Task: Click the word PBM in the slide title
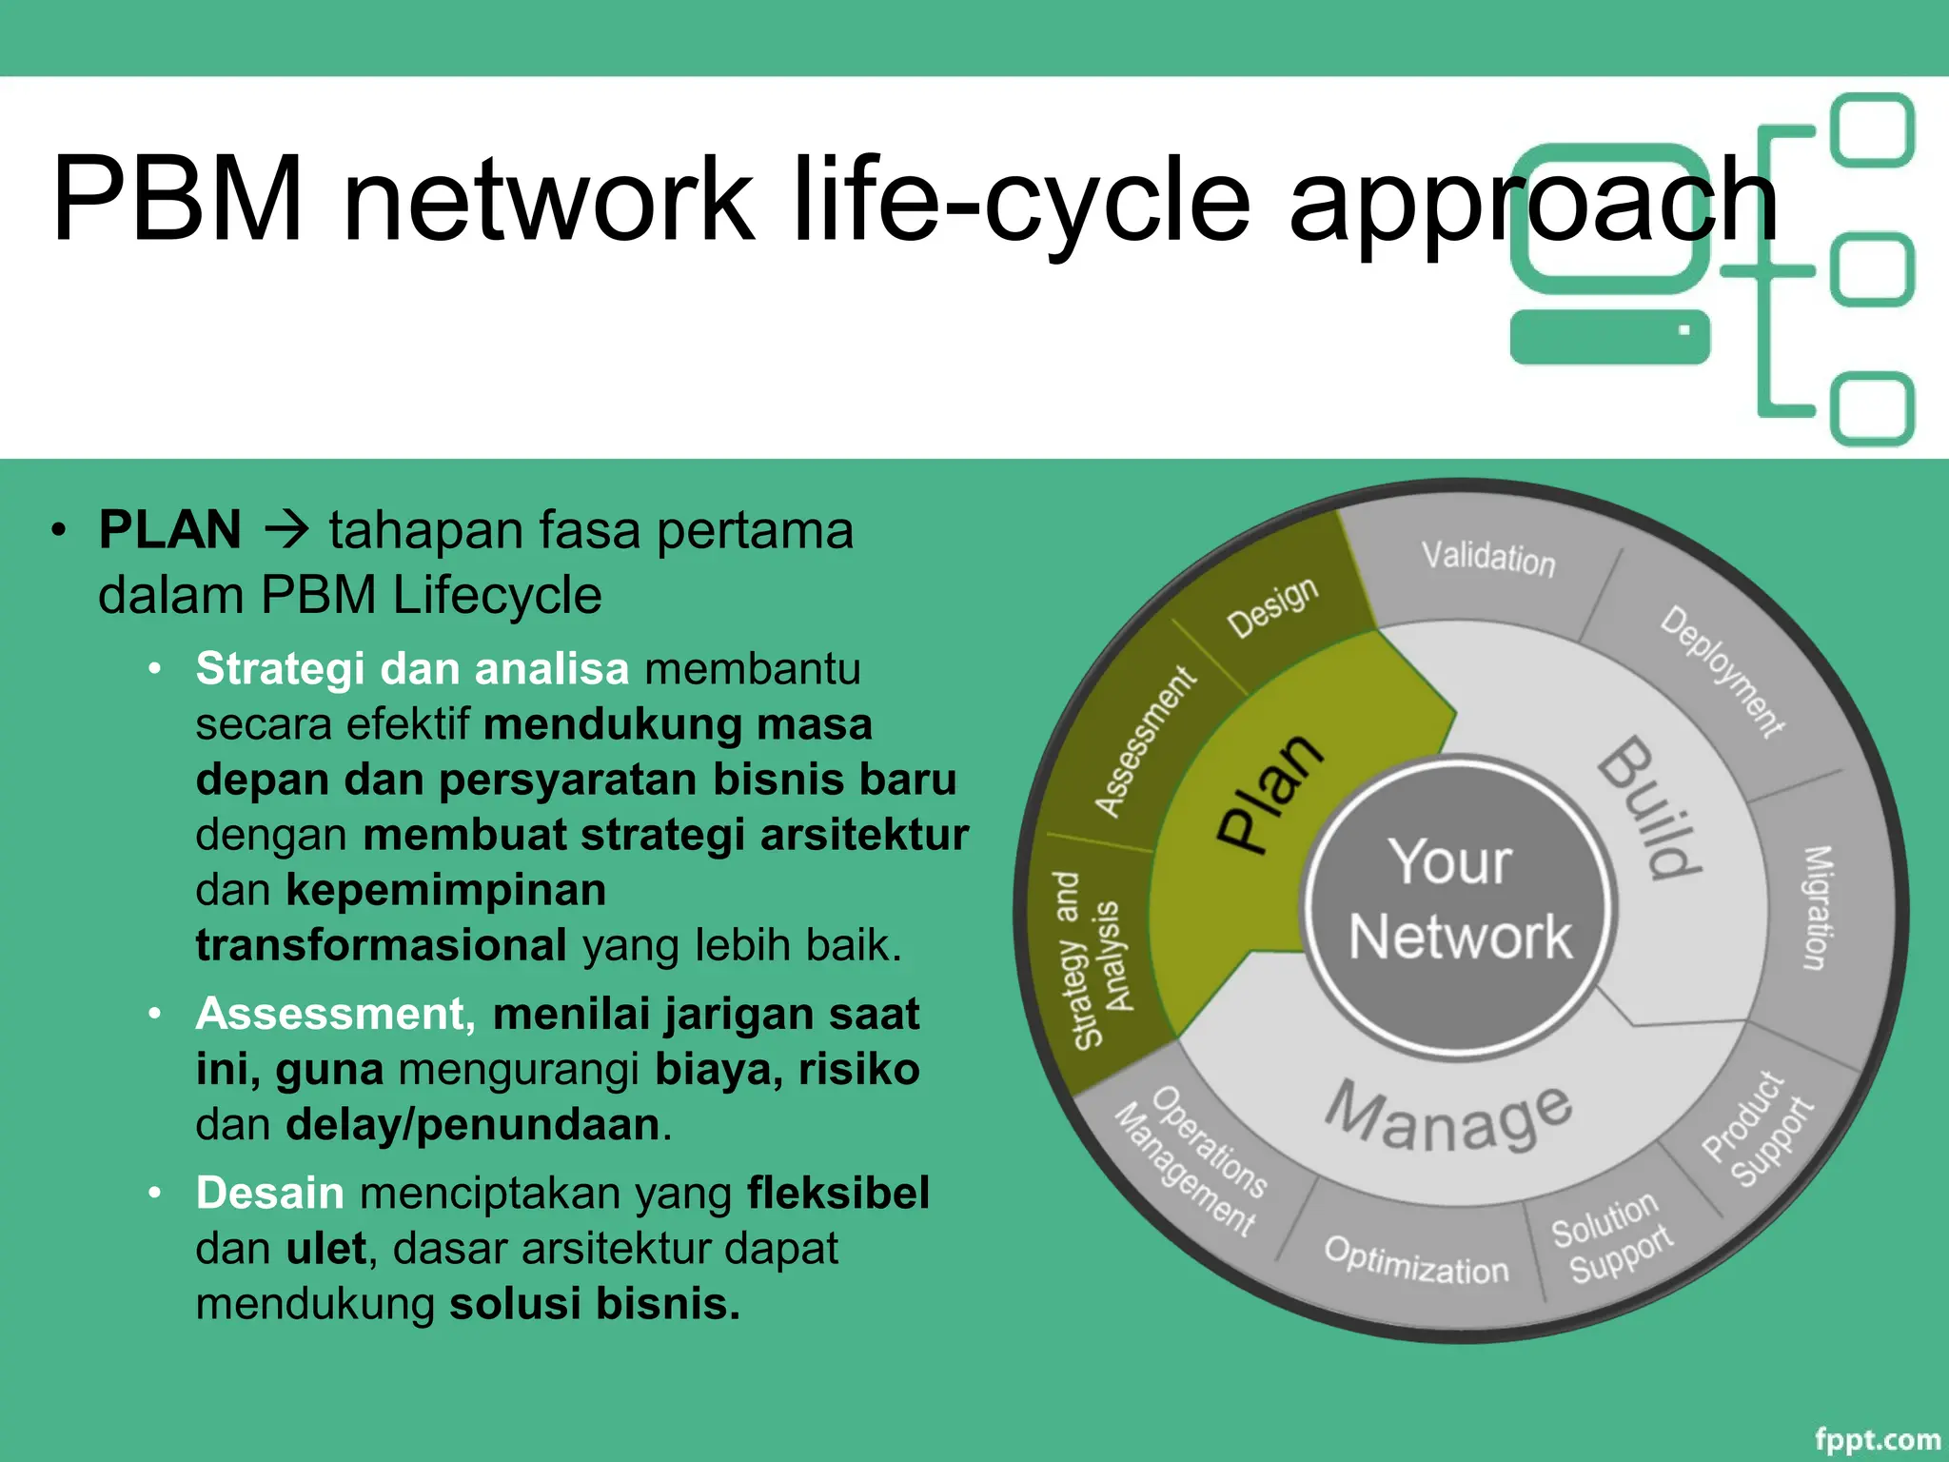(x=178, y=200)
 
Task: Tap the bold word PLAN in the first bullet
(x=170, y=530)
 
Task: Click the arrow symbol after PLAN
(x=285, y=530)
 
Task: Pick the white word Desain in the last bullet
(x=269, y=1194)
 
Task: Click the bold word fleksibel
(x=837, y=1194)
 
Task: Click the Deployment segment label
(x=1721, y=671)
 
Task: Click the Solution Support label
(x=1611, y=1237)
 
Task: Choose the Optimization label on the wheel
(x=1415, y=1260)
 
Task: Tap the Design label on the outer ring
(x=1272, y=606)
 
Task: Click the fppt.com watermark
(x=1877, y=1440)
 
